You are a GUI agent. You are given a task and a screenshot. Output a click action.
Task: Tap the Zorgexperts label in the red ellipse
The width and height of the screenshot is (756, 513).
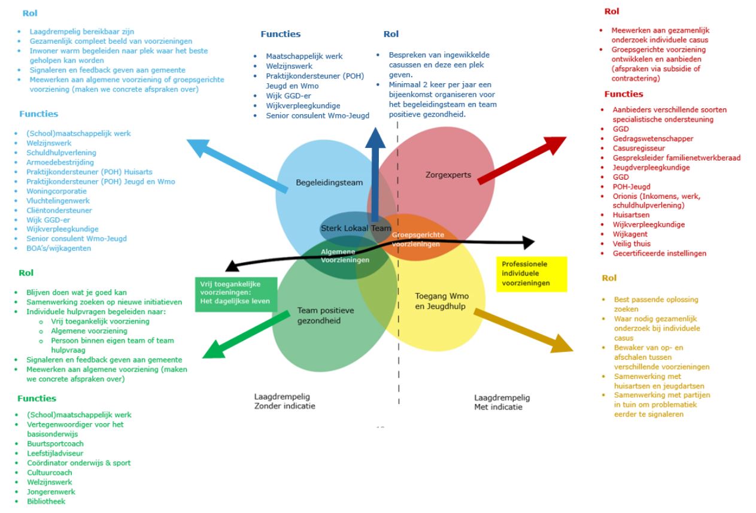tap(448, 175)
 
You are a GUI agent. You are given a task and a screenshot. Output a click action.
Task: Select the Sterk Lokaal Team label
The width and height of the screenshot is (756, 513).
tap(356, 228)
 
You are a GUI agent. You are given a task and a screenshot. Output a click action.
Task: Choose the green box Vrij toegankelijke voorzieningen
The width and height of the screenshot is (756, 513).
tap(235, 295)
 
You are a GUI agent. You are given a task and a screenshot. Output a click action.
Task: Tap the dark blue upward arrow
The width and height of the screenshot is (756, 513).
tap(376, 173)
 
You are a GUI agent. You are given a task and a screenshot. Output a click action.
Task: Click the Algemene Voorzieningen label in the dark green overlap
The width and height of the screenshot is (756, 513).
tap(345, 256)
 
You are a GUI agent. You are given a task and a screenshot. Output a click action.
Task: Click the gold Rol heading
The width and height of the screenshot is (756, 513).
tap(609, 278)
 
